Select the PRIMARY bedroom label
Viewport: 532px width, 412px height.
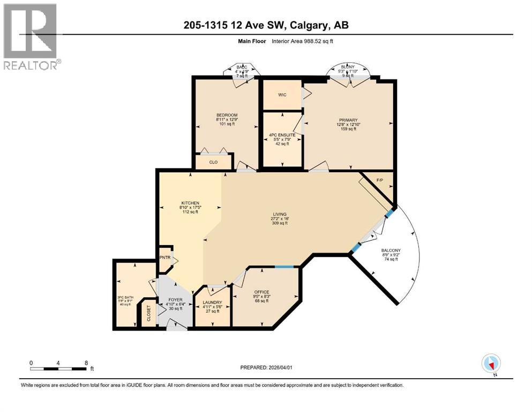347,120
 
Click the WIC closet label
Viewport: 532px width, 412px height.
282,95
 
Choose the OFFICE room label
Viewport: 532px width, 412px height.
261,292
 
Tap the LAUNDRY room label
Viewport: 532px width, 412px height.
213,302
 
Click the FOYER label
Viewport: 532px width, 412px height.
175,299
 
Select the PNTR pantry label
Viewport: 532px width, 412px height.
164,257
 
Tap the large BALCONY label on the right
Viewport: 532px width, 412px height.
391,251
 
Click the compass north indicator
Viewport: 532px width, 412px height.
491,363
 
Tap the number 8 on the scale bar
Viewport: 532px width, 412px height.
86,362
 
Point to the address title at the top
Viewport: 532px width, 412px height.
266,25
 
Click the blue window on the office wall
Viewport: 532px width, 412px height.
284,267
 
